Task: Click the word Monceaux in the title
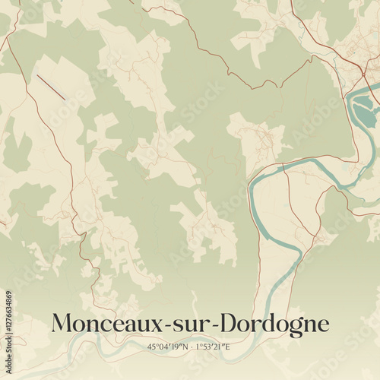102,325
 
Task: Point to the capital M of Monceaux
62,324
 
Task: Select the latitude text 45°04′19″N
167,347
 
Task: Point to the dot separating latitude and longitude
190,347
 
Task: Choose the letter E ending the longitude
227,347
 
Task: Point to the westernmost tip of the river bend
251,183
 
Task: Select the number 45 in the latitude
151,347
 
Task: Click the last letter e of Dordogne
323,326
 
